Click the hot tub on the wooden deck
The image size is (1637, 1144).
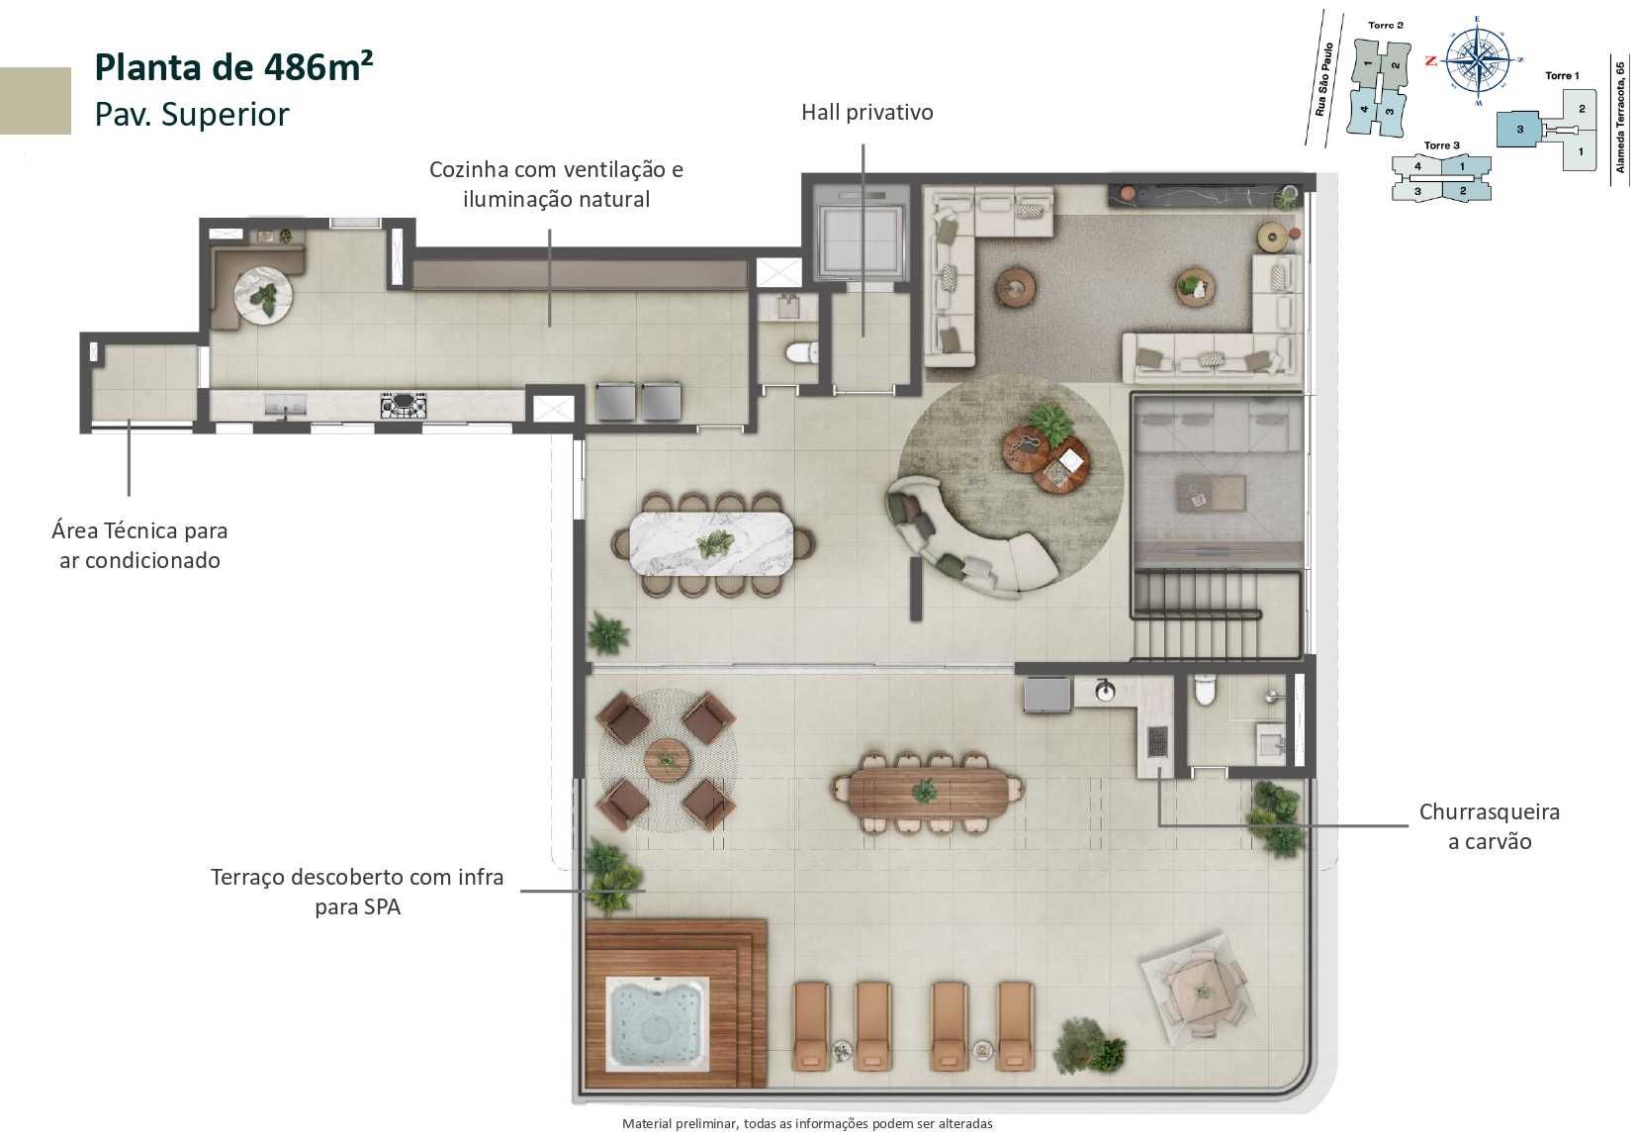click(x=657, y=1025)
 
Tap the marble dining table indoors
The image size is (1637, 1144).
click(x=711, y=543)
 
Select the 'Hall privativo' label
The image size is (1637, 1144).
click(x=866, y=113)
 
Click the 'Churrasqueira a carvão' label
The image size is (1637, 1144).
click(x=1489, y=826)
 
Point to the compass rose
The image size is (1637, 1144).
click(x=1477, y=60)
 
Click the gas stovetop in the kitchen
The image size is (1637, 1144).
click(x=404, y=405)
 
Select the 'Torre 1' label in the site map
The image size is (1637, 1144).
click(x=1562, y=76)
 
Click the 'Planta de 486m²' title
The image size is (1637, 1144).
click(x=233, y=67)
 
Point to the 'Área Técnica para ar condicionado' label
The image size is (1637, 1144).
click(x=139, y=545)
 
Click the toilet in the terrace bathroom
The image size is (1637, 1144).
click(x=1204, y=690)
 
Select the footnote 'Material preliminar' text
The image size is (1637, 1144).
click(x=807, y=1123)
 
